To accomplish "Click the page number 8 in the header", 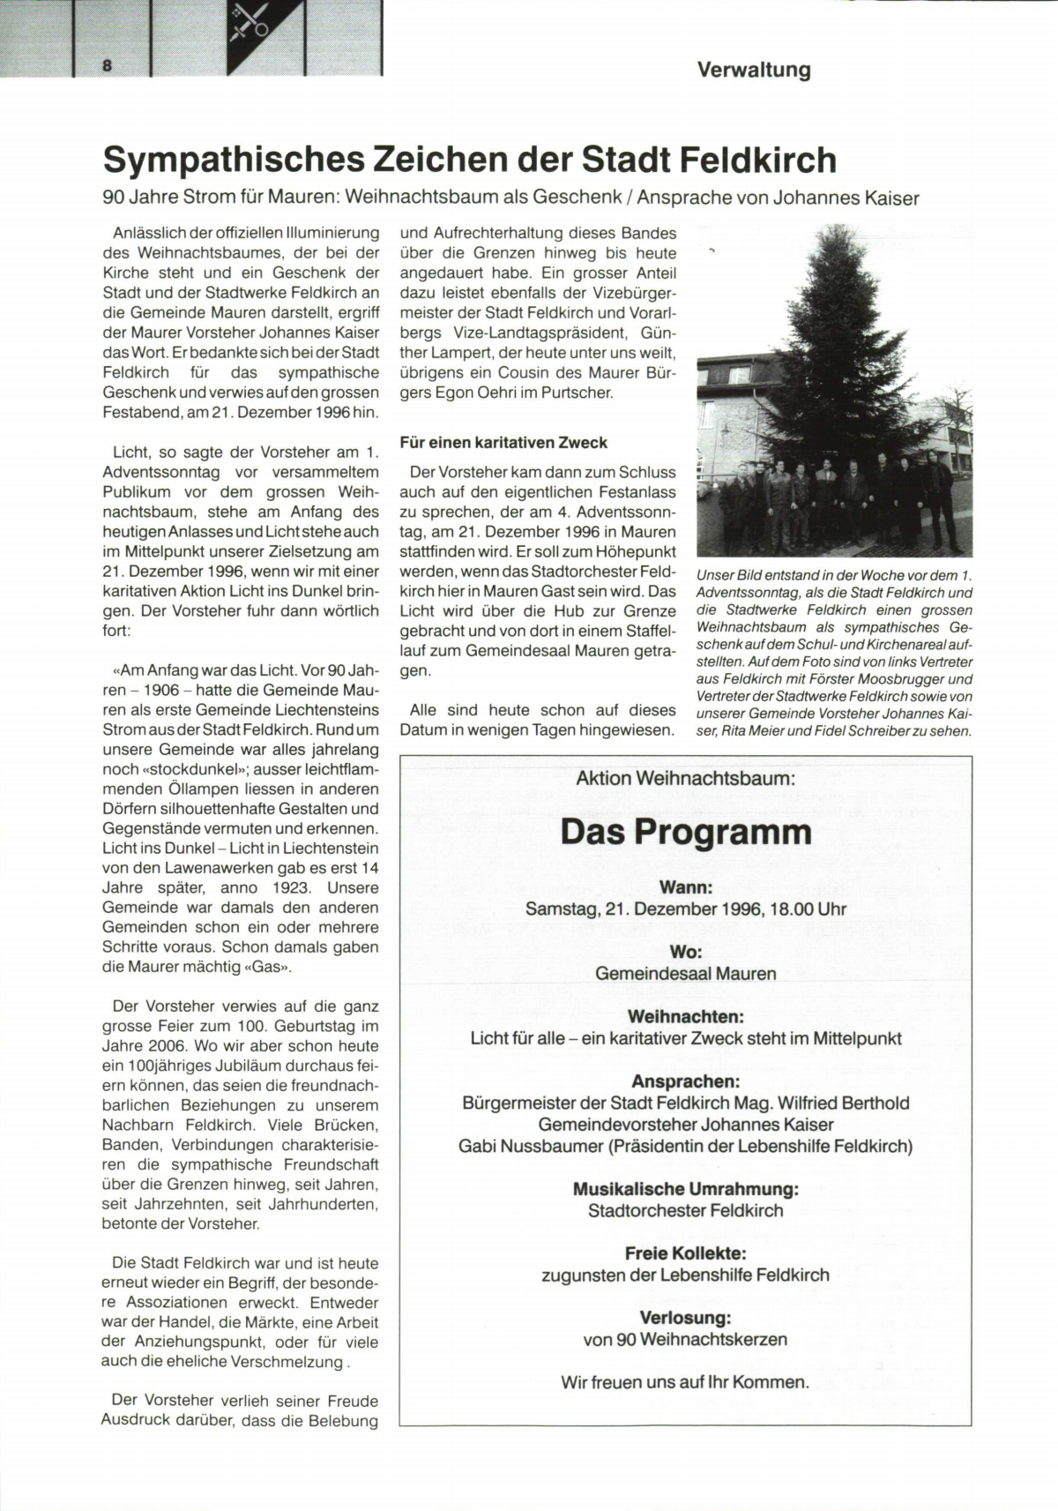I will [107, 65].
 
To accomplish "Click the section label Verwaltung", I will [753, 70].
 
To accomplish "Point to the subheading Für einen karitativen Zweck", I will [503, 443].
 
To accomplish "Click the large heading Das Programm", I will [685, 832].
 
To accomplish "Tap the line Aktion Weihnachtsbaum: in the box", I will [685, 778].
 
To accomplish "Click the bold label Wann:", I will [685, 888].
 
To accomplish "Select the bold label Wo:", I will [685, 953].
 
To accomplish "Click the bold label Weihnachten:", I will [685, 1017].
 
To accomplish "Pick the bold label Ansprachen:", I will [685, 1081].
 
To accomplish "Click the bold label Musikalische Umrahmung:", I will [685, 1189].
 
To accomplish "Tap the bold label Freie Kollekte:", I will [685, 1253].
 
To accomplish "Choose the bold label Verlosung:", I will [685, 1318].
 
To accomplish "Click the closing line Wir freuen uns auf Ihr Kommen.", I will [685, 1382].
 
